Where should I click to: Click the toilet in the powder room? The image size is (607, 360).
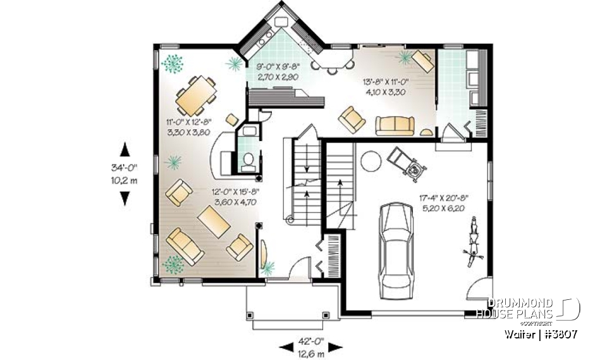click(x=248, y=161)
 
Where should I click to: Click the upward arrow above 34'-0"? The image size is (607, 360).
click(x=125, y=150)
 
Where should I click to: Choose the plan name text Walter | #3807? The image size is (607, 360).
click(x=541, y=333)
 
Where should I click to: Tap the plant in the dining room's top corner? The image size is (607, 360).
click(x=172, y=63)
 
